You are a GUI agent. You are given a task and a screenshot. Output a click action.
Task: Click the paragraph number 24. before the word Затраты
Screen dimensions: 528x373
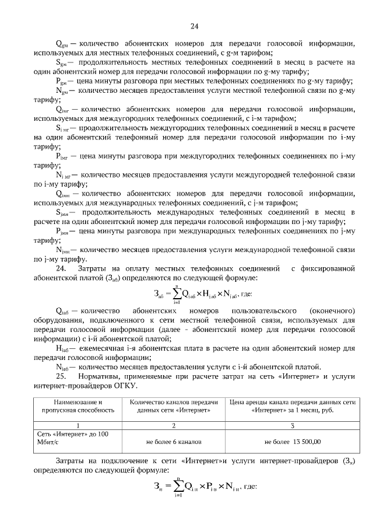(61, 268)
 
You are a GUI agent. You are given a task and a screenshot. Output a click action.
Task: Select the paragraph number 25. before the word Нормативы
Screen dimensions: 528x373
(61, 376)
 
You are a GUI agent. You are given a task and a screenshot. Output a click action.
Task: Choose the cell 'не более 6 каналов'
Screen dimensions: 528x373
(174, 442)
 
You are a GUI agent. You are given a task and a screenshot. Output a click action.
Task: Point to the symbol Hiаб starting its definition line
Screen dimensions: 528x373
(62, 348)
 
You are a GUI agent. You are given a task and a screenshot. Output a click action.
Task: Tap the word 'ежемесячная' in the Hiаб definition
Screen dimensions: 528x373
(96, 348)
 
